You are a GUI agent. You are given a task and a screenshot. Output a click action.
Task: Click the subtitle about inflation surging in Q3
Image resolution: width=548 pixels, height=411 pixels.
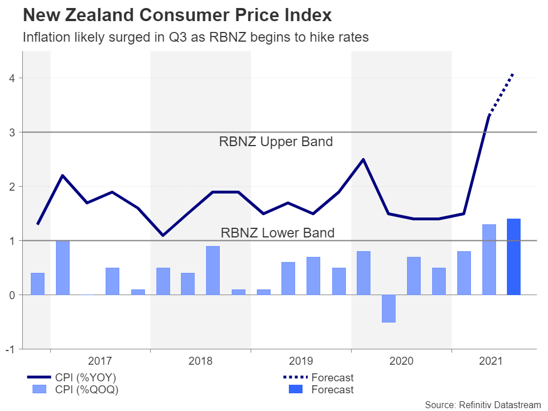click(x=195, y=38)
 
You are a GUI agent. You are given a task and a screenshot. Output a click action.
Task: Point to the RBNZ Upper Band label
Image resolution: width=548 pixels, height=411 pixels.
click(x=276, y=142)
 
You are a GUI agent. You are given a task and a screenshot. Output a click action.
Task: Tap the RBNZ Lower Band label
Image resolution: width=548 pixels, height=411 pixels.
click(x=277, y=232)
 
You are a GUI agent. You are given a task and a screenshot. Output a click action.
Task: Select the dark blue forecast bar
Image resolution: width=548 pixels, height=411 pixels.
click(x=514, y=257)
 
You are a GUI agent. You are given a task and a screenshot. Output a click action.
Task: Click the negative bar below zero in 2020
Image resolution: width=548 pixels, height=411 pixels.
click(x=389, y=308)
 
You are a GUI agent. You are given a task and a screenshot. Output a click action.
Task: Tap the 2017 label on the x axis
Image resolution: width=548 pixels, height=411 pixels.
click(x=100, y=361)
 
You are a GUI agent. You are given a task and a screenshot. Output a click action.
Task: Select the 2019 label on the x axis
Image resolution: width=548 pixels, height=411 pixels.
click(x=301, y=361)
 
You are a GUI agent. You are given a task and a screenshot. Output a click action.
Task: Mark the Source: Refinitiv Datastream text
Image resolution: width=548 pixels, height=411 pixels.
click(x=482, y=404)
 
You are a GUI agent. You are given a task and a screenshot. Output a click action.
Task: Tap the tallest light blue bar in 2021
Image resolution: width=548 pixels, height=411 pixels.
click(x=489, y=260)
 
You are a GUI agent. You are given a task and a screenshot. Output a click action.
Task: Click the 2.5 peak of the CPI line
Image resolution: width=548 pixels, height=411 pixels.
click(x=364, y=159)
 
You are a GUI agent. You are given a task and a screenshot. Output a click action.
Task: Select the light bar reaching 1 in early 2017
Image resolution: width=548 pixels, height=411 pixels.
click(x=62, y=267)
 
